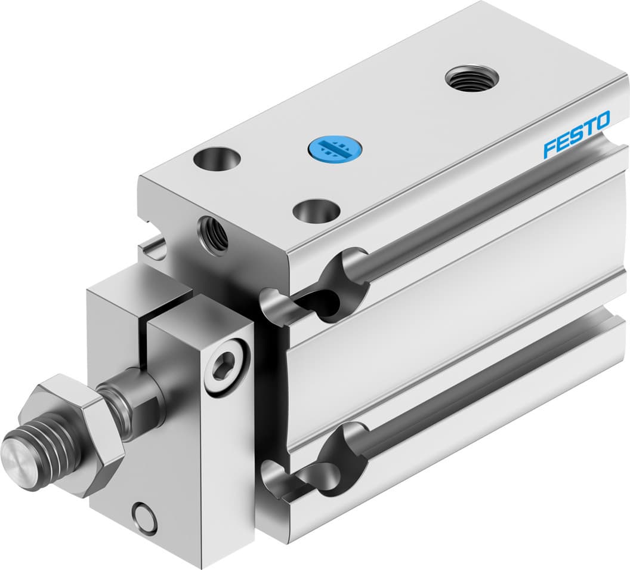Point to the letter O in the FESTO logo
601,120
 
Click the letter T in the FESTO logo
588,128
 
